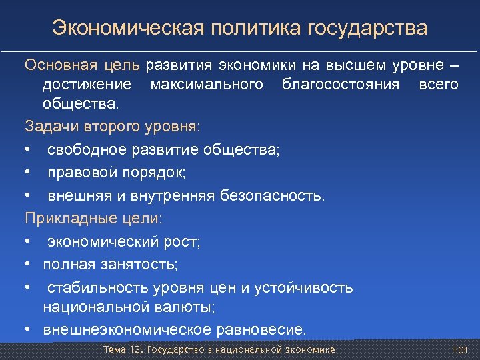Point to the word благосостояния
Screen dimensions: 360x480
tap(341, 85)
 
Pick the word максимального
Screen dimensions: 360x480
tap(206, 85)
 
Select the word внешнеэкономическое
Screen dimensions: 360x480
tap(127, 329)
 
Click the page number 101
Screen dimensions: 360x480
tap(461, 350)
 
